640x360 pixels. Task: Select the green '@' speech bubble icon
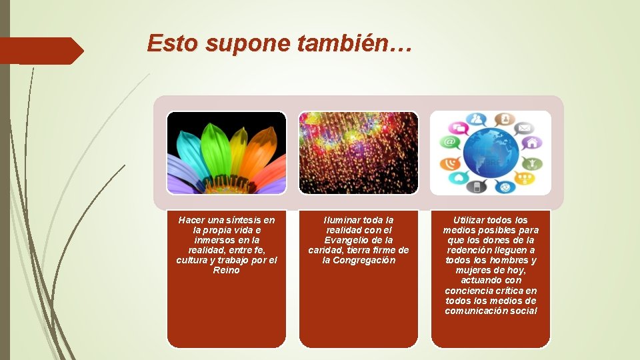tap(449, 142)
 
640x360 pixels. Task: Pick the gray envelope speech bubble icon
tap(524, 127)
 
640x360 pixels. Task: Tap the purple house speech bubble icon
tap(533, 142)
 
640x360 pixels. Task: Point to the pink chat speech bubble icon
tap(457, 127)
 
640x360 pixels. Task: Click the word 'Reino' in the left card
tap(226, 270)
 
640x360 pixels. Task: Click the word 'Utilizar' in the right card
tap(471, 220)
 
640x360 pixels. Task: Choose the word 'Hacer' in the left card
tap(192, 220)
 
